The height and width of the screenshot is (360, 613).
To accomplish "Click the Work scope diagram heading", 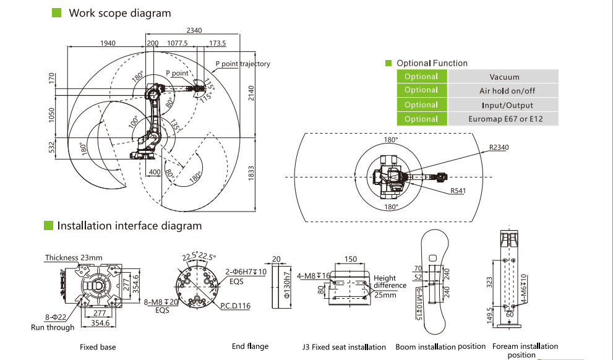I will pyautogui.click(x=120, y=13).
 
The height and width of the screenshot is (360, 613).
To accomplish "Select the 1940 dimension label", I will pyautogui.click(x=108, y=43).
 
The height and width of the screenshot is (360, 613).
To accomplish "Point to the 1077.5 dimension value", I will pyautogui.click(x=178, y=43).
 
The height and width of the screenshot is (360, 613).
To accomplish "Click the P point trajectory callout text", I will pyautogui.click(x=242, y=64).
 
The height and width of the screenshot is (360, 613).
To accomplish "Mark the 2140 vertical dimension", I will pyautogui.click(x=251, y=92).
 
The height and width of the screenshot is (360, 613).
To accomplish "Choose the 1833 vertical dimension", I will pyautogui.click(x=251, y=173).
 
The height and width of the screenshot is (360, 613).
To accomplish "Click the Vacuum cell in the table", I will pyautogui.click(x=504, y=77).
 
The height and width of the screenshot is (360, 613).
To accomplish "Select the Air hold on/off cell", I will pyautogui.click(x=504, y=91).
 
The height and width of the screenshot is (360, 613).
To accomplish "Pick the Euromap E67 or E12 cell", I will pyautogui.click(x=504, y=119).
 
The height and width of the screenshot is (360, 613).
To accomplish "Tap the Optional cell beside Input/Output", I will pyautogui.click(x=421, y=105).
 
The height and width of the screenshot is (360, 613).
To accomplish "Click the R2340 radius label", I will pyautogui.click(x=499, y=148).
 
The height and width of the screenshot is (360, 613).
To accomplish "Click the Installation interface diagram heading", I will pyautogui.click(x=129, y=226).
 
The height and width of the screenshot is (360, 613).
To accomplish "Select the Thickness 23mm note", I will pyautogui.click(x=74, y=257).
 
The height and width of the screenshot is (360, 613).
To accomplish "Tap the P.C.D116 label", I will pyautogui.click(x=235, y=306).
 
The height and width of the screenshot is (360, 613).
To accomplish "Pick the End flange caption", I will pyautogui.click(x=250, y=346).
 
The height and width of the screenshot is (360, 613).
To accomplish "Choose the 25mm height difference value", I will pyautogui.click(x=385, y=295).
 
